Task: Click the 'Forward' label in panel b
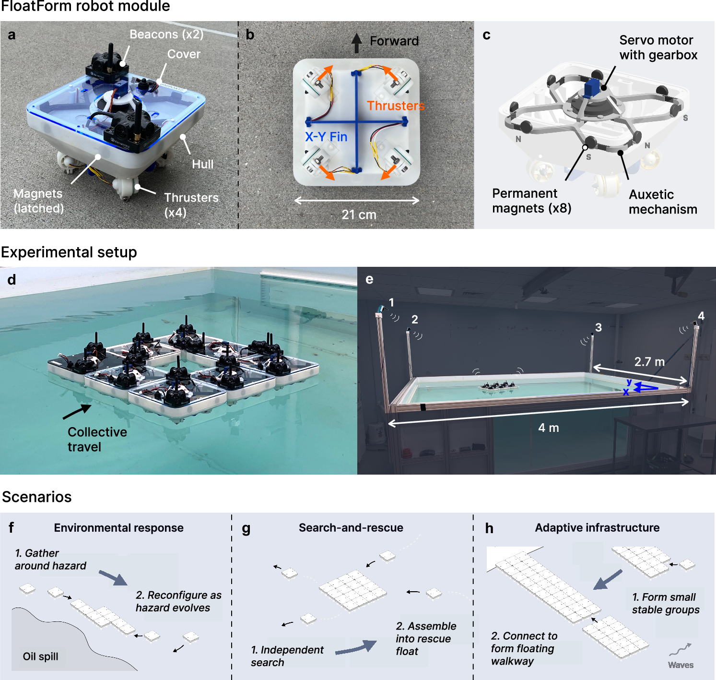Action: tap(394, 41)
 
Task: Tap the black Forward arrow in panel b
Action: tap(356, 43)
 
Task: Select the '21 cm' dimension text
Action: tap(359, 215)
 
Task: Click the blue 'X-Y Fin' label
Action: tap(326, 137)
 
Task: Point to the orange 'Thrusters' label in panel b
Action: tap(396, 106)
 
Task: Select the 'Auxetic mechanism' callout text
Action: tap(663, 202)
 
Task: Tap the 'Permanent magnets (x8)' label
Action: tap(532, 201)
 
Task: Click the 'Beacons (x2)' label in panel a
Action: tap(166, 34)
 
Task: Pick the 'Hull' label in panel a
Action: tap(202, 164)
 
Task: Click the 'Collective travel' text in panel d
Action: tap(97, 439)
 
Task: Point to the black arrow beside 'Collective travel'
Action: tap(77, 411)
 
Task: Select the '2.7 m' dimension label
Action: tap(649, 361)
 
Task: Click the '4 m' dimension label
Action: tap(549, 428)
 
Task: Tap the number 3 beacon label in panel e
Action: tap(599, 327)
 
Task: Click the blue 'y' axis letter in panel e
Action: tap(629, 382)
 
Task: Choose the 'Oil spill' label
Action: tap(40, 656)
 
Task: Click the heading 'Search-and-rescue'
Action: tap(351, 528)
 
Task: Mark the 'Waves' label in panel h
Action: tap(681, 665)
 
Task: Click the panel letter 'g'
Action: tap(246, 529)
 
